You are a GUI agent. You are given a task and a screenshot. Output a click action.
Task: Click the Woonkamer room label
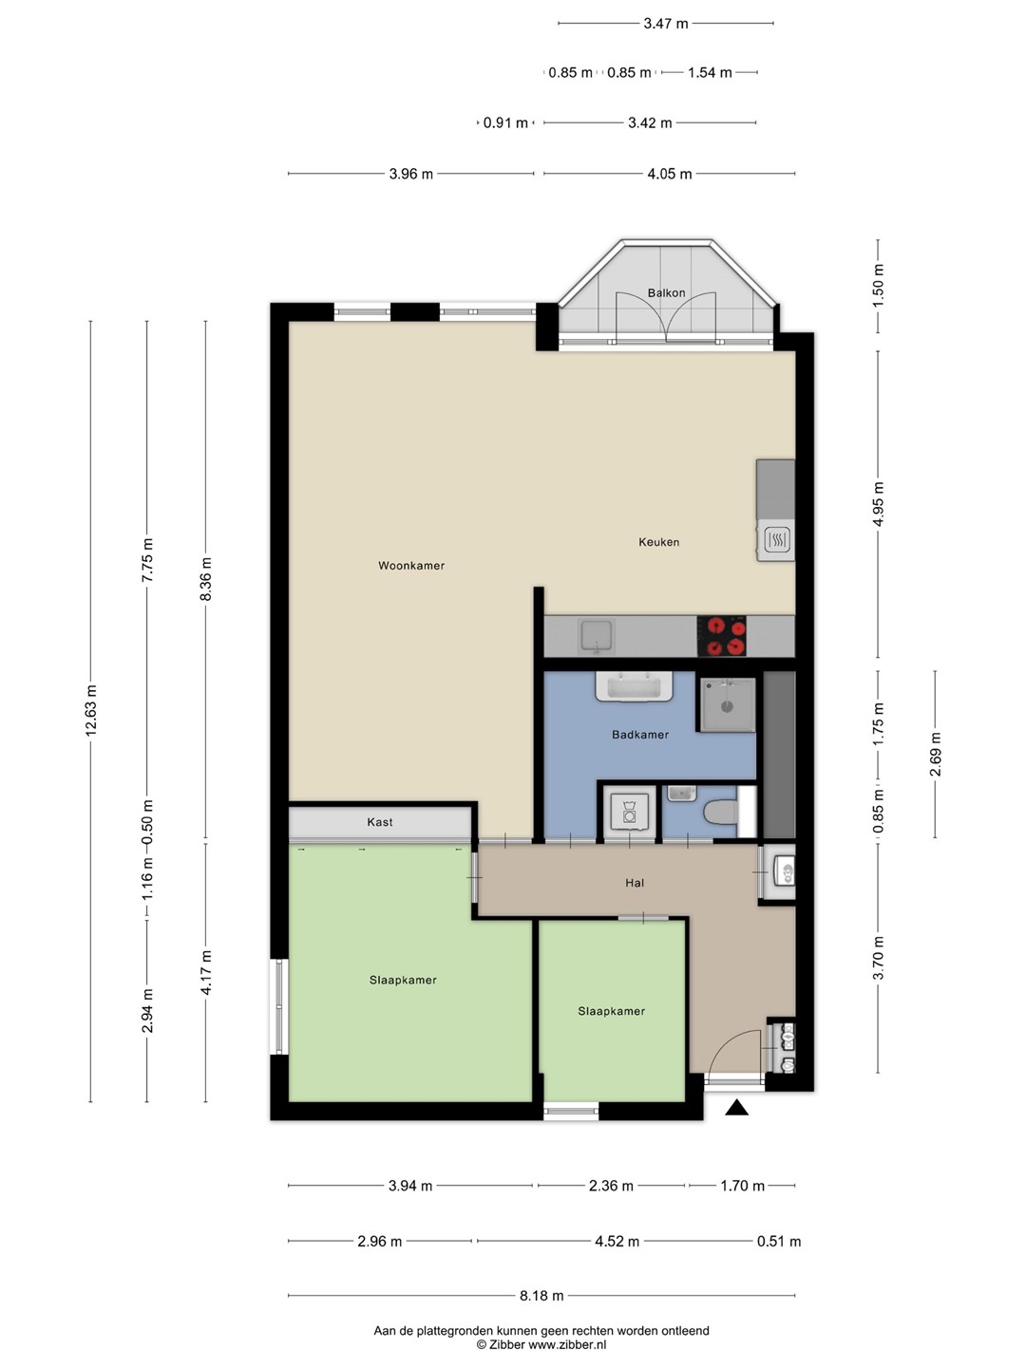[411, 566]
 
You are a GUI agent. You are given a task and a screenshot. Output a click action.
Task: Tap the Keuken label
[658, 542]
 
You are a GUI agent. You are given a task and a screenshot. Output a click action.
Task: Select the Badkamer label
[639, 734]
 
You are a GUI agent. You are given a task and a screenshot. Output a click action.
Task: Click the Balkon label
[666, 292]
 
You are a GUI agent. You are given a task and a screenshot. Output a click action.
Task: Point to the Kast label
[379, 822]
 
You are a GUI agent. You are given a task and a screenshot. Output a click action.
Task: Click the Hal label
[635, 883]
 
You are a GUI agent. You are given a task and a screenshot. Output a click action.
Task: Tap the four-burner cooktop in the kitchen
[721, 636]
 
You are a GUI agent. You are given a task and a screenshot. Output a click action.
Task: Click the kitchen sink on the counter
[597, 636]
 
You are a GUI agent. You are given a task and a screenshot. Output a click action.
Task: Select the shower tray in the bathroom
[727, 705]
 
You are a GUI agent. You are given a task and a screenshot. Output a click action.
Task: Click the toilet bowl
[720, 812]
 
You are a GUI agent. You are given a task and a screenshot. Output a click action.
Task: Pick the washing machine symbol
[630, 812]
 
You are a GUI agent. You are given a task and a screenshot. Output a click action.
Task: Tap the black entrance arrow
[736, 1107]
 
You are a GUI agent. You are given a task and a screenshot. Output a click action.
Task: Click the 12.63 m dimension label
[91, 710]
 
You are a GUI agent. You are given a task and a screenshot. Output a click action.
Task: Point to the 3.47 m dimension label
[665, 24]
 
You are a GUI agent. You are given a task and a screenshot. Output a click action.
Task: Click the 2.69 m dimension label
[935, 754]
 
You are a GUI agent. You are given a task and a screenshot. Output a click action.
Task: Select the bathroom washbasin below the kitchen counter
[634, 686]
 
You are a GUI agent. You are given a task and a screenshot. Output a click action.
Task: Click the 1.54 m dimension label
[710, 73]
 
